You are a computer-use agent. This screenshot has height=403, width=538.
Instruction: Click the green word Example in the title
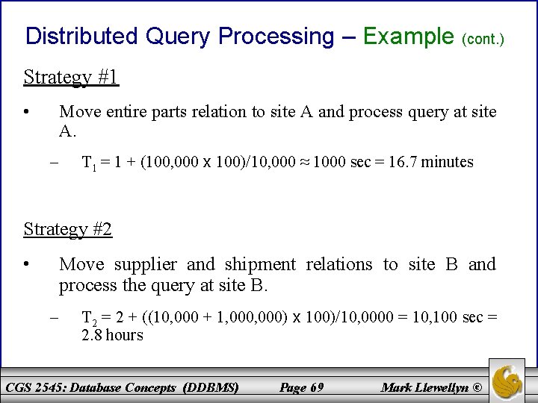pyautogui.click(x=408, y=36)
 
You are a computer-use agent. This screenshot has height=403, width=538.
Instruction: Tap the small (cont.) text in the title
pyautogui.click(x=484, y=37)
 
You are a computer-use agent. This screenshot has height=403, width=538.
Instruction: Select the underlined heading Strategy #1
pyautogui.click(x=71, y=77)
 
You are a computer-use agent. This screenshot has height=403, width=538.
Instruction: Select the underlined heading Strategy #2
pyautogui.click(x=68, y=229)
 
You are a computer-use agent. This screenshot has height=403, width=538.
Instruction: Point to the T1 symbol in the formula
pyautogui.click(x=88, y=163)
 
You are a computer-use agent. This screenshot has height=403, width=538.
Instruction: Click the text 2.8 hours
pyautogui.click(x=112, y=335)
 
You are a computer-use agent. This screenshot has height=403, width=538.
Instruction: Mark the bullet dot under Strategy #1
pyautogui.click(x=26, y=113)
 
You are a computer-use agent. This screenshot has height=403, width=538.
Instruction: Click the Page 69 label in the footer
pyautogui.click(x=300, y=387)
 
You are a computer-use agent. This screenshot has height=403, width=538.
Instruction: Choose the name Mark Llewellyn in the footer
pyautogui.click(x=425, y=387)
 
